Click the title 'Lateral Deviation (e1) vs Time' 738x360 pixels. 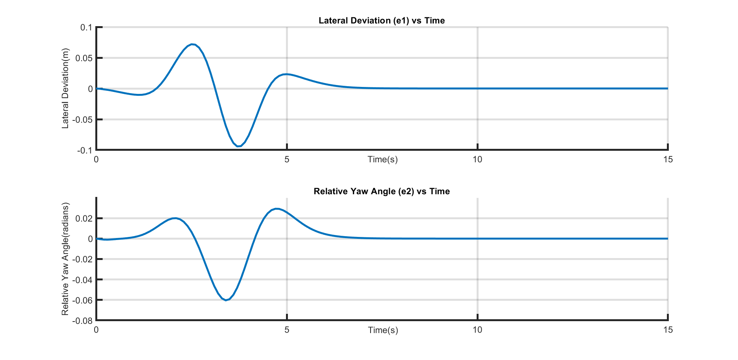coord(382,21)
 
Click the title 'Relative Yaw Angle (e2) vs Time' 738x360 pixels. coord(382,192)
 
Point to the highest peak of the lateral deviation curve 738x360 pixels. coord(193,44)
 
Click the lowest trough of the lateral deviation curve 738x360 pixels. coord(238,146)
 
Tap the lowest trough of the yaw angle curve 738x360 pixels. coord(226,300)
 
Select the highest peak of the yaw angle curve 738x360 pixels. coord(276,209)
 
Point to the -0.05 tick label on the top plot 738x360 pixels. coord(83,120)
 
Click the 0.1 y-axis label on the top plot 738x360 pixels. coord(86,28)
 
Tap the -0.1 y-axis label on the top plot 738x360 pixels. coord(85,150)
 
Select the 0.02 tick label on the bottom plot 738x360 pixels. coord(84,218)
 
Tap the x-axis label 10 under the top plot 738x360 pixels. coord(477,160)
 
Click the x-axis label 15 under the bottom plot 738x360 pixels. coord(668,330)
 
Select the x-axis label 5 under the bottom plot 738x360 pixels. coord(287,330)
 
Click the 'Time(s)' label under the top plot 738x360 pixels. coord(382,160)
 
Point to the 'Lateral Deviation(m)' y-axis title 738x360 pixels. coord(65,88)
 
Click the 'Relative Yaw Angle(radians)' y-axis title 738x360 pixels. coord(65,259)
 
